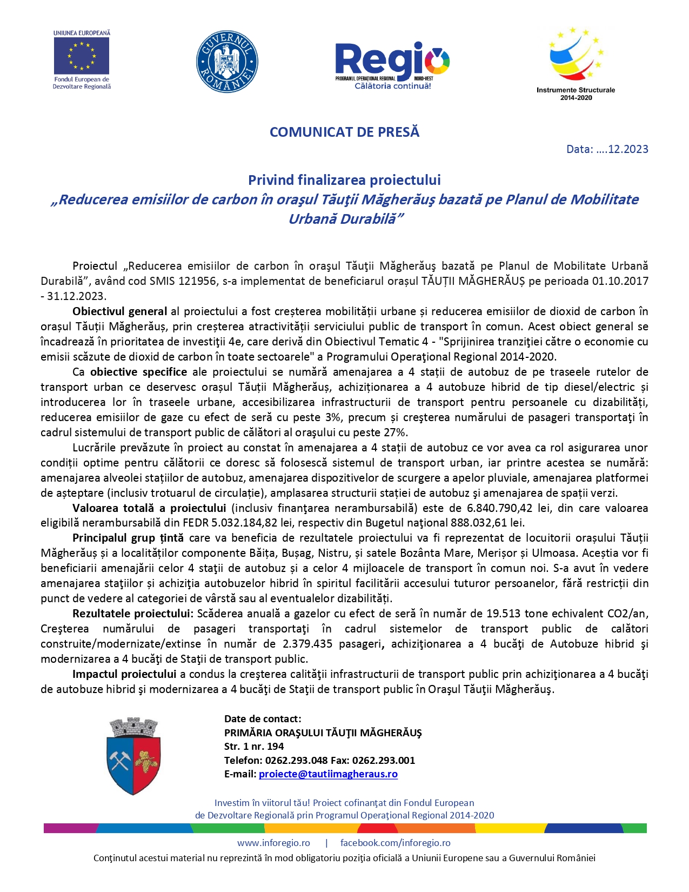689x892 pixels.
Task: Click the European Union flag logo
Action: click(x=82, y=56)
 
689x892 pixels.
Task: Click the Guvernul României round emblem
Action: click(x=227, y=62)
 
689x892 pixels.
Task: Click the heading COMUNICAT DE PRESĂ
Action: click(x=344, y=132)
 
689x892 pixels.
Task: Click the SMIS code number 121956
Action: click(x=199, y=281)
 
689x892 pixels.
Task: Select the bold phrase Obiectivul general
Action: click(x=119, y=311)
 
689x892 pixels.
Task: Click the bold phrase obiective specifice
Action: click(x=138, y=372)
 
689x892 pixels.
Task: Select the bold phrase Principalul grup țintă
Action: click(x=128, y=538)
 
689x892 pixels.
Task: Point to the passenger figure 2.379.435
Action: click(x=313, y=644)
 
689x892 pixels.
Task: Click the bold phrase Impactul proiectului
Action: click(x=124, y=674)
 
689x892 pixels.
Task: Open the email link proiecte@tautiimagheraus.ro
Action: click(x=328, y=774)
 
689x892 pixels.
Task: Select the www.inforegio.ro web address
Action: click(x=273, y=843)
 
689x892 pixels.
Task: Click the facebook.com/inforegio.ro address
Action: click(x=395, y=843)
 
